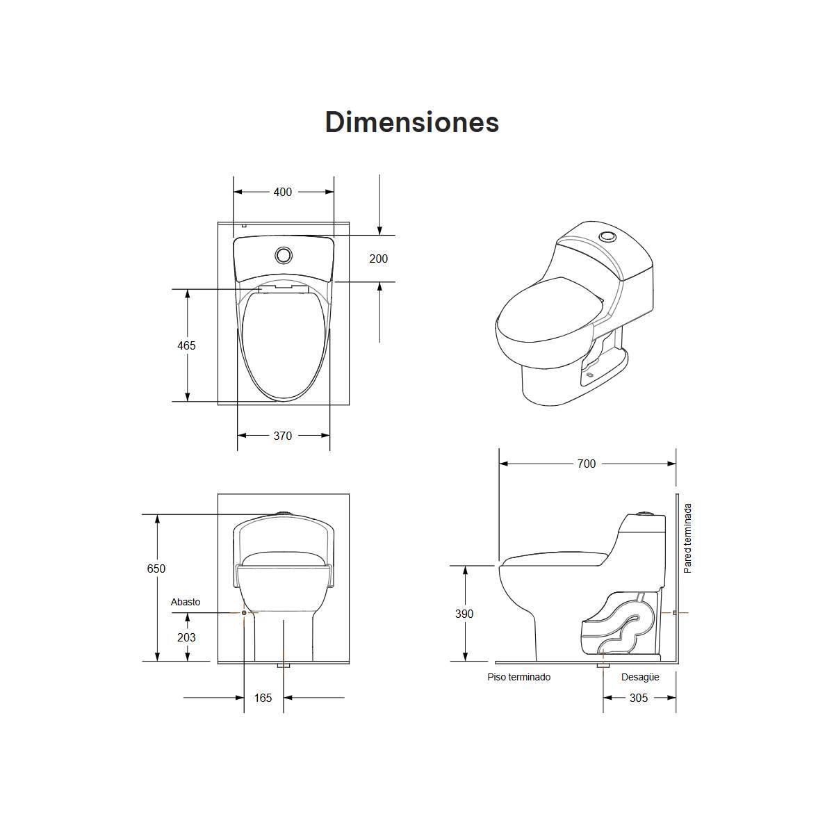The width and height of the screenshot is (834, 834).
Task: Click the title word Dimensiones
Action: coord(412,122)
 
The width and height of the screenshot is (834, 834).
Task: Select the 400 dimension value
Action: coord(283,192)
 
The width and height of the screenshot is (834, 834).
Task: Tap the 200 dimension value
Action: coord(378,259)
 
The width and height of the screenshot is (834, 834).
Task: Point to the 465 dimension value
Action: coord(186,345)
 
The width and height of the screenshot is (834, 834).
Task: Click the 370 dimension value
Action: coord(283,436)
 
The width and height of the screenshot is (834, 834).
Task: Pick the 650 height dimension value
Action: coord(156,569)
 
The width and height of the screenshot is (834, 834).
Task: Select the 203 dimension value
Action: coord(186,637)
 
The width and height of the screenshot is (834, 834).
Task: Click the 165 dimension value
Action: coord(263,698)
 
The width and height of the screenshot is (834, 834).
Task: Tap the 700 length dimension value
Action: coord(587,464)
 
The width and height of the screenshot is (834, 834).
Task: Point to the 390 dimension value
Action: coord(464,614)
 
